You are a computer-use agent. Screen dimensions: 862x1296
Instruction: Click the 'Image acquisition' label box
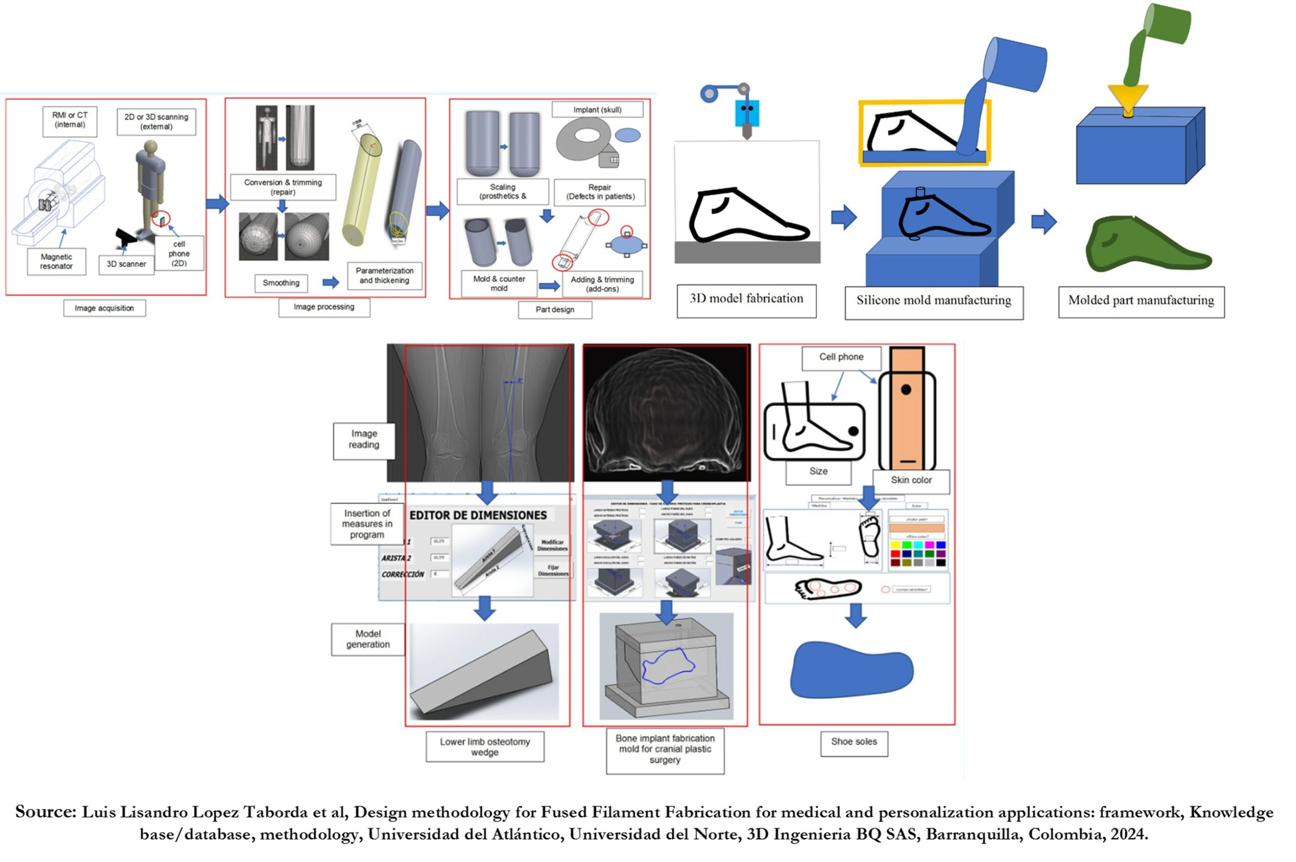click(104, 308)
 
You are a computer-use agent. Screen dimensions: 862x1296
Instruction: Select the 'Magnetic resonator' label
click(56, 261)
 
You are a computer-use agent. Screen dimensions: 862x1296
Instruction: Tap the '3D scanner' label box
click(126, 264)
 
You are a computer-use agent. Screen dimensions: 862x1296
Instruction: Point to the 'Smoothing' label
click(280, 282)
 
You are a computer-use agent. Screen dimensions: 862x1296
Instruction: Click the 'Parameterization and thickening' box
click(384, 275)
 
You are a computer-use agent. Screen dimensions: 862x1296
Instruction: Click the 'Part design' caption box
click(554, 309)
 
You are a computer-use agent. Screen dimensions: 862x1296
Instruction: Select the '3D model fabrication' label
click(746, 299)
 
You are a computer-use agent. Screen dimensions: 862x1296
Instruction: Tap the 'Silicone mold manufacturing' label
click(933, 301)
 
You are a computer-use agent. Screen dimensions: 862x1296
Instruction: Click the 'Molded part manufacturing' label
click(1141, 301)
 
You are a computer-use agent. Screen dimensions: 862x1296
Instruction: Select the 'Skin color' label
click(911, 480)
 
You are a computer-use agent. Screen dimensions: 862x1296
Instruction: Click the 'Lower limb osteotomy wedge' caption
click(484, 747)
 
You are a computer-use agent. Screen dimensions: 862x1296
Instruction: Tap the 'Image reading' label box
click(363, 439)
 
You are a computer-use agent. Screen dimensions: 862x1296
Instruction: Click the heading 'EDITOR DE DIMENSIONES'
click(478, 515)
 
